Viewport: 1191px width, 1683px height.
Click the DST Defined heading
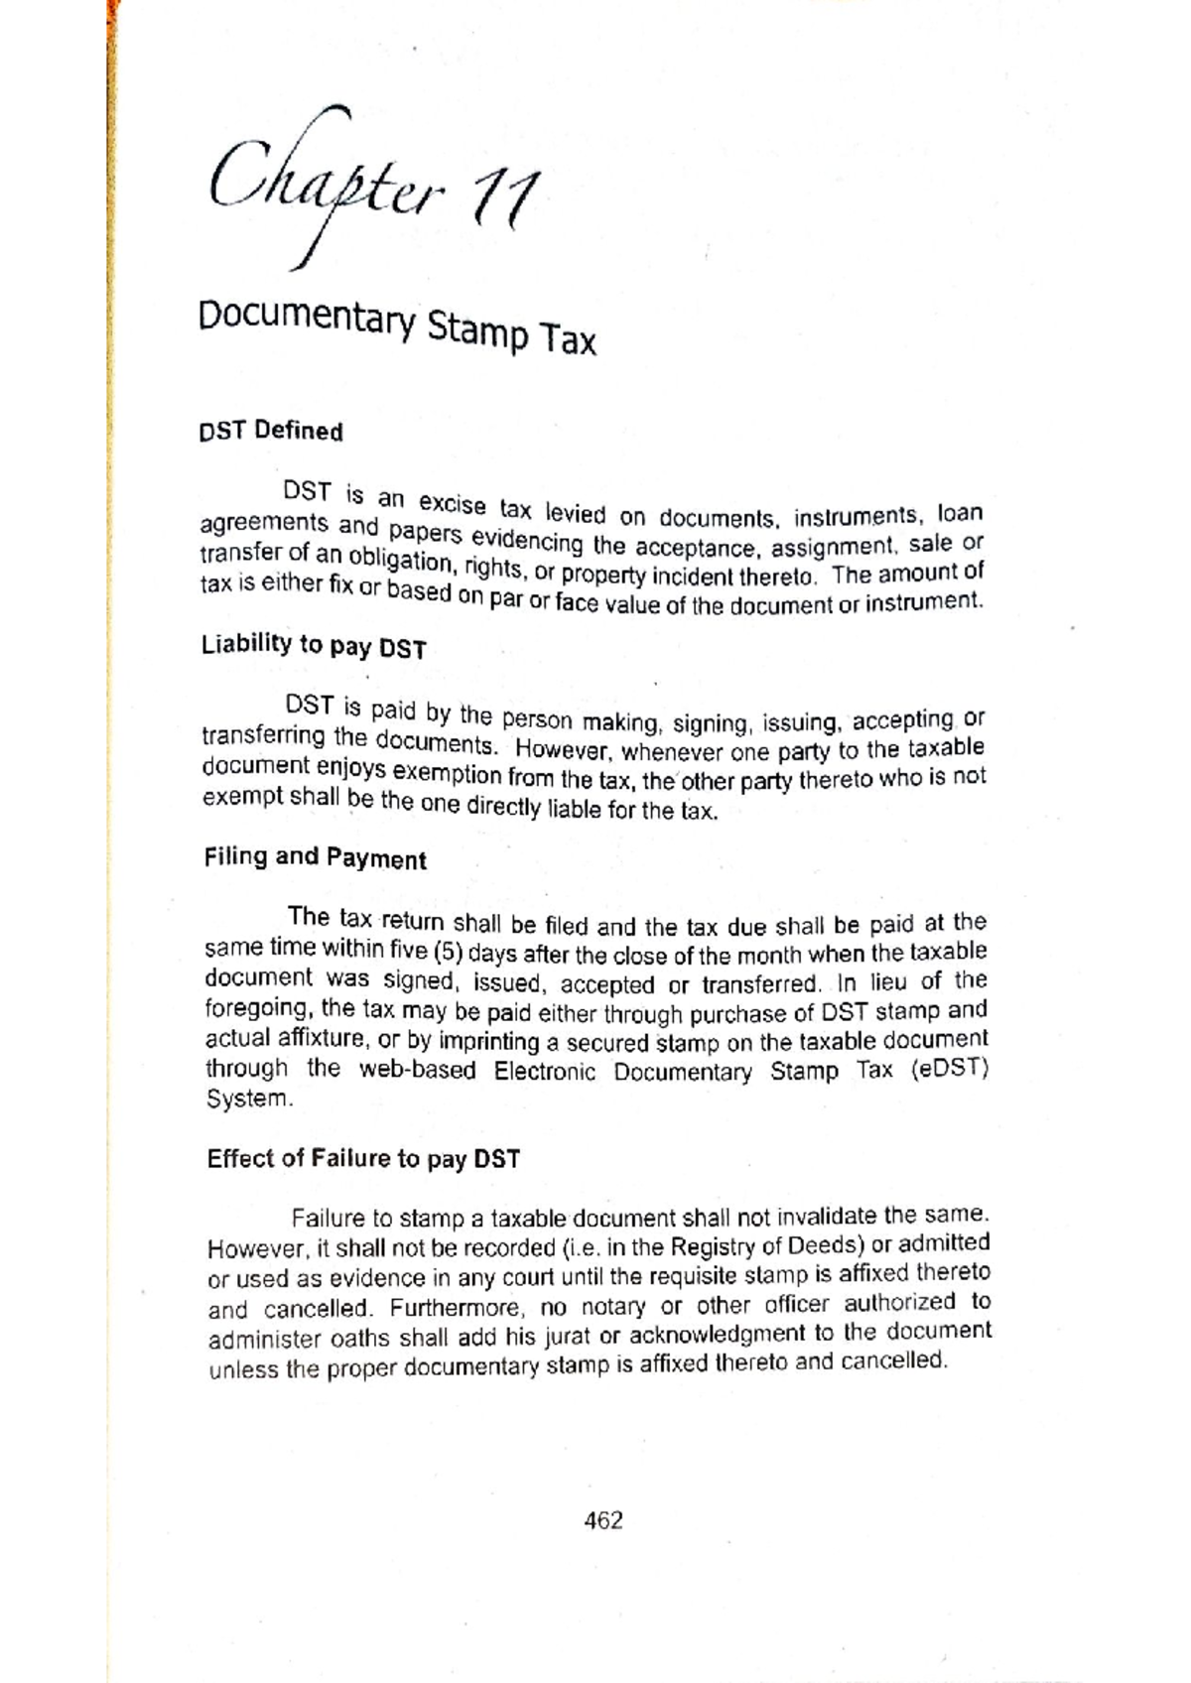click(x=271, y=431)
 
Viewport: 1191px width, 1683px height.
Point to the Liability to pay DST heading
click(x=314, y=646)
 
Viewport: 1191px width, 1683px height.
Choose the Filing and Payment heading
click(x=316, y=857)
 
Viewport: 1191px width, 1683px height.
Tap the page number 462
click(x=603, y=1520)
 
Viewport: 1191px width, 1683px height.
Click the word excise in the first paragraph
click(x=452, y=504)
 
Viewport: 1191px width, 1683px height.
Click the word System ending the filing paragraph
click(x=249, y=1099)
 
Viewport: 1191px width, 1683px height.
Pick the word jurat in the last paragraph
click(x=570, y=1336)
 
